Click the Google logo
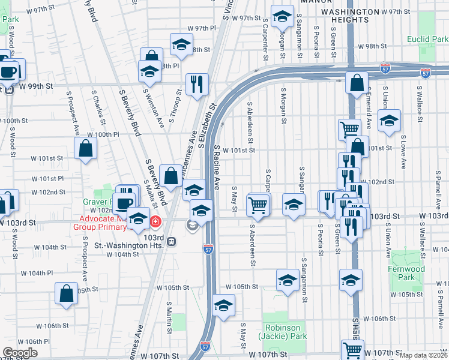point(20,353)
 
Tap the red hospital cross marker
point(155,222)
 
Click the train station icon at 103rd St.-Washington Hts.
point(172,242)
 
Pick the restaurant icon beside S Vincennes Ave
point(197,85)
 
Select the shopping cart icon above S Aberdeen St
point(258,205)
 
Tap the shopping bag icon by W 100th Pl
point(86,149)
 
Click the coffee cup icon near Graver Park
point(125,203)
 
